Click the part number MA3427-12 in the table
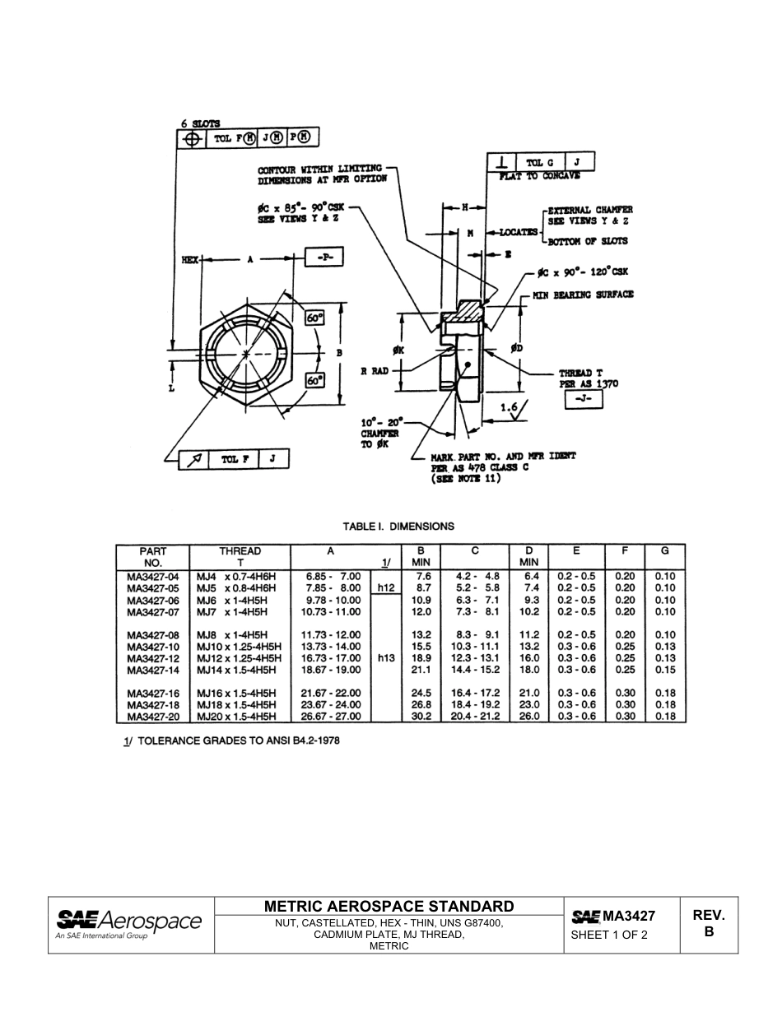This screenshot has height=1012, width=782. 153,658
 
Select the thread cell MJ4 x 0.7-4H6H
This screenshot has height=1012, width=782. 236,577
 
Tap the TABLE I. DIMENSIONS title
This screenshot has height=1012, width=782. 398,526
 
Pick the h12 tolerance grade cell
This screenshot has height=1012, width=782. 385,588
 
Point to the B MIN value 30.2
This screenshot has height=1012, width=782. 421,717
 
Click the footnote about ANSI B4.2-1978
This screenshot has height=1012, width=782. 231,740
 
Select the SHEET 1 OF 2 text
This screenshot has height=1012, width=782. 609,935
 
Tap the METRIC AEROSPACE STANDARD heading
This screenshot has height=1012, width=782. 389,906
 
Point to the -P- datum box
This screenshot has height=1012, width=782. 324,258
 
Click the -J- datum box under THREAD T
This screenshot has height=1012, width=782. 584,400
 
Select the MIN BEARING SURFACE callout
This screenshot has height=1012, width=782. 583,295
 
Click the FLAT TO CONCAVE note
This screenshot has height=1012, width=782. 540,176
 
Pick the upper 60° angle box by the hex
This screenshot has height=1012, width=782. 314,318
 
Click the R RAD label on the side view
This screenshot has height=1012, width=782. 375,371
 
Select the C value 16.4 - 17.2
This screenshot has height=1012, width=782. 475,694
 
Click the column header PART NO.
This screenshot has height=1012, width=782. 153,557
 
